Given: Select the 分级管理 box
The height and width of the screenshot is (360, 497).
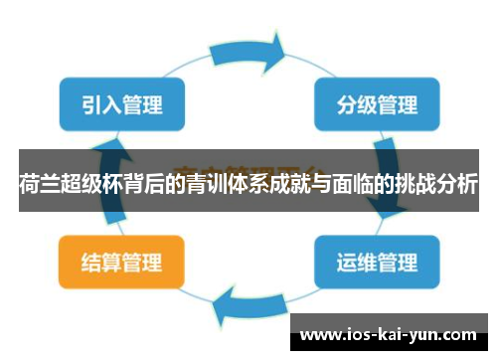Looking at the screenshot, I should tap(377, 103).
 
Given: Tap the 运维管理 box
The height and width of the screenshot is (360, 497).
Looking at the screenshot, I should tap(377, 263).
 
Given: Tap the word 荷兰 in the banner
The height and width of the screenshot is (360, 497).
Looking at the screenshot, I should tap(35, 183).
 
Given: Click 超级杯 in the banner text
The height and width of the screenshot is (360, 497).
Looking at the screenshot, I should tap(84, 183).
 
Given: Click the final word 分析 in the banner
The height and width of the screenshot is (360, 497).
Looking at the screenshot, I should tap(460, 183).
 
